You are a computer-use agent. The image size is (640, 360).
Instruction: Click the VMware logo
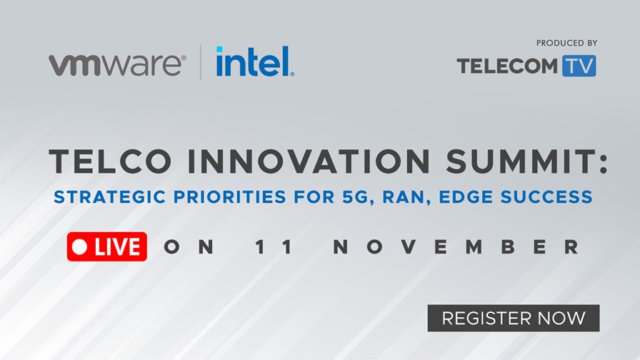(117, 65)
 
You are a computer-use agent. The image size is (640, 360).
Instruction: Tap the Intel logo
(255, 61)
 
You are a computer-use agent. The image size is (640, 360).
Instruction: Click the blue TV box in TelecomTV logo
(579, 66)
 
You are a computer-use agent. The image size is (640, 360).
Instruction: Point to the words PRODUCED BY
(566, 43)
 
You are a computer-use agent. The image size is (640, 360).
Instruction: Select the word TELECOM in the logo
(507, 66)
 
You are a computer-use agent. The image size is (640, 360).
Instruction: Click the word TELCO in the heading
(110, 161)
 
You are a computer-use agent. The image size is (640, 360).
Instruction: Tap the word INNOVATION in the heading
(309, 161)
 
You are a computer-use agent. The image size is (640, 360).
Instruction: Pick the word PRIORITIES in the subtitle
(229, 196)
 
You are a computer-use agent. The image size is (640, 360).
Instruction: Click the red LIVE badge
(107, 246)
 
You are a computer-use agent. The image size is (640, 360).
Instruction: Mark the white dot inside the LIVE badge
(79, 246)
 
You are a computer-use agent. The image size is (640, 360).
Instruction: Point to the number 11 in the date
(274, 247)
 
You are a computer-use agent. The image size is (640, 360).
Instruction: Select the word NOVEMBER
(456, 247)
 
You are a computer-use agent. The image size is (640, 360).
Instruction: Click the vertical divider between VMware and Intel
(201, 62)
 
